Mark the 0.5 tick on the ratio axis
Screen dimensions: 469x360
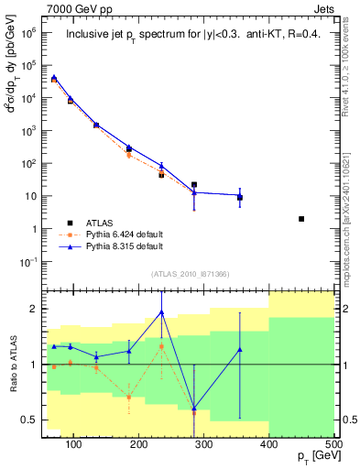pyautogui.click(x=46, y=420)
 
